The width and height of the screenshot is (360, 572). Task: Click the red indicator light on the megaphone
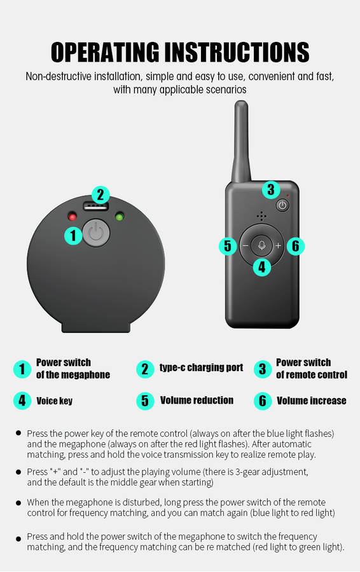tap(73, 217)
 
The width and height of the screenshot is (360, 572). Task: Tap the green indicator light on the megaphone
tap(120, 217)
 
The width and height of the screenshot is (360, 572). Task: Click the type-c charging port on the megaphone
tap(96, 207)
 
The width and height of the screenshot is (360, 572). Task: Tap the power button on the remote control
tap(282, 205)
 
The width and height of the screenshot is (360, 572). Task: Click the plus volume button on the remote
tap(278, 245)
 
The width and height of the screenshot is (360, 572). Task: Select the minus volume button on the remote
tap(246, 245)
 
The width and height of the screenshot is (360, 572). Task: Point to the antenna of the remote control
tap(241, 142)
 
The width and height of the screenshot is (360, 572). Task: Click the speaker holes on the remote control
tap(261, 216)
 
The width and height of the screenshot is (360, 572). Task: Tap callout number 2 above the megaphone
tap(100, 195)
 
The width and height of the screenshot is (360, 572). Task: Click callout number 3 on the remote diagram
tap(270, 189)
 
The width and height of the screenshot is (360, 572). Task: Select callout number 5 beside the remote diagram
tap(228, 245)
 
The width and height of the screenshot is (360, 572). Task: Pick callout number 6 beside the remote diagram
tap(295, 245)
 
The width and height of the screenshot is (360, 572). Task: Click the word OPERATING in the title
tap(105, 52)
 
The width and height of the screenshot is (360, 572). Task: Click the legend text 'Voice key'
tap(55, 401)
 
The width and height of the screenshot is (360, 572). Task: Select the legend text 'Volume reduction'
tap(197, 400)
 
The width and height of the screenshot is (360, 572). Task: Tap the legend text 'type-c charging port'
tap(201, 368)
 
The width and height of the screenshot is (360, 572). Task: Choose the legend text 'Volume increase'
tap(312, 400)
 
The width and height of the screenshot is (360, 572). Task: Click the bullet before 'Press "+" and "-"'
tap(18, 472)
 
